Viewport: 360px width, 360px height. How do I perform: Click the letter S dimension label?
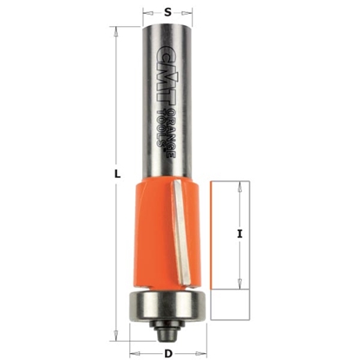coord(167,11)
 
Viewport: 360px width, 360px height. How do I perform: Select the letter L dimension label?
coord(116,174)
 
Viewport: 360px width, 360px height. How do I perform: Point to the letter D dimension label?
coord(167,352)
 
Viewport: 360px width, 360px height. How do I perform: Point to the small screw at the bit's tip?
coord(166,331)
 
